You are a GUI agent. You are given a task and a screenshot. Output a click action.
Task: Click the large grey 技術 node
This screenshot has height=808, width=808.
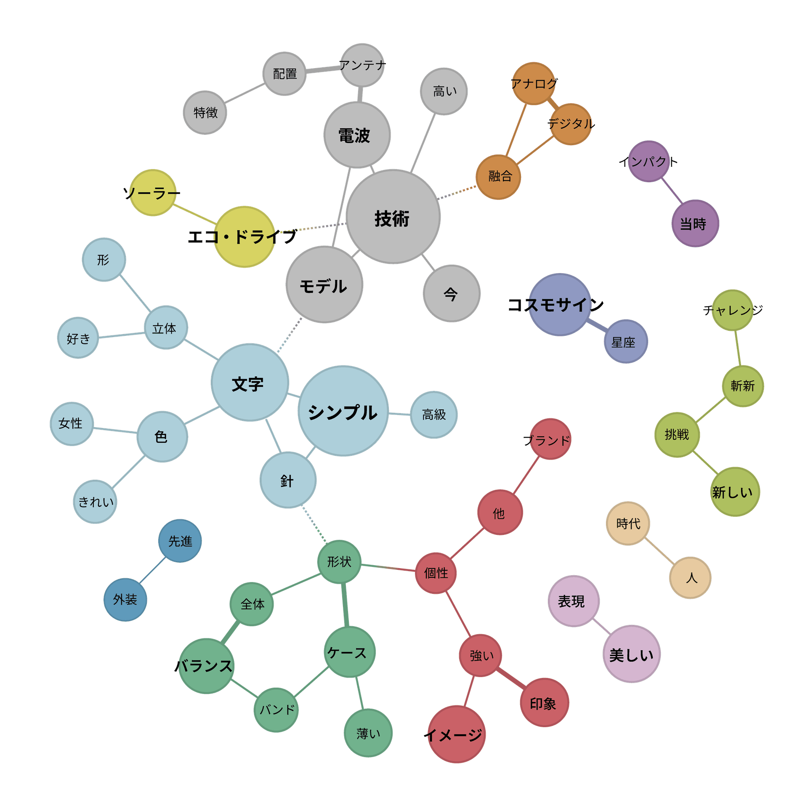coord(393,217)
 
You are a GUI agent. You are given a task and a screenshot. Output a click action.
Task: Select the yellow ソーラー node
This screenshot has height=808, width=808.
coord(153,193)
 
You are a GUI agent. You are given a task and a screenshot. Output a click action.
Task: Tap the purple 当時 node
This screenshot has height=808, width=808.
coord(695,223)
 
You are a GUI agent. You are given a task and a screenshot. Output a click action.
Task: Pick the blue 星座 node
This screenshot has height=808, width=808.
coord(626,341)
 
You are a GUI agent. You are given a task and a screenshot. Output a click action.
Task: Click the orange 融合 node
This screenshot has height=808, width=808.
coord(498,177)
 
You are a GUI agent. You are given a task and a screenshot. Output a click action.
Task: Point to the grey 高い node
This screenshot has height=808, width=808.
coord(444,91)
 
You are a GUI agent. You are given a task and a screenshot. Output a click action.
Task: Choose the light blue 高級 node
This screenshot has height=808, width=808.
coord(434,415)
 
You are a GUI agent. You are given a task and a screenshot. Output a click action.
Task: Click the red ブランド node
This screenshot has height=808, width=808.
coord(550,439)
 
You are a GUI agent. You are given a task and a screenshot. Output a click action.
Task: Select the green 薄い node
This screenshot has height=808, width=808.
coord(368,733)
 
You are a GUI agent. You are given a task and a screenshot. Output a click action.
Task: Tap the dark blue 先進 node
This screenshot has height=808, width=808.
coord(180,541)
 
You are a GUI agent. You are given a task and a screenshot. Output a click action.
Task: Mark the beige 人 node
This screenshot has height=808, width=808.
coord(690,578)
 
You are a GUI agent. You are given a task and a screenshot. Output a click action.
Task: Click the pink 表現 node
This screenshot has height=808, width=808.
coord(574,601)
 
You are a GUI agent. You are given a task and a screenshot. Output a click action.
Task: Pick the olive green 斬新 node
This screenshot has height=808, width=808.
coord(743,386)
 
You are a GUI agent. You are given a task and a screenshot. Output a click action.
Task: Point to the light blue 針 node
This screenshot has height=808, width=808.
coord(288,480)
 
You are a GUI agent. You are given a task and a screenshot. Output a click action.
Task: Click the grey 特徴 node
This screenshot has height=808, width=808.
coord(205,112)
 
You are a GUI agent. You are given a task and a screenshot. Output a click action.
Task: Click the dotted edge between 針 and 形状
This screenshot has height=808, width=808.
coord(314,524)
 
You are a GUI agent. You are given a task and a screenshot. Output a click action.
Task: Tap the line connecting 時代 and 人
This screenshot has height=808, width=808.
coord(659,550)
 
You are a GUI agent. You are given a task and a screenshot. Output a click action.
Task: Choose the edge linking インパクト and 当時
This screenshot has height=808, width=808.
coord(672,191)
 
